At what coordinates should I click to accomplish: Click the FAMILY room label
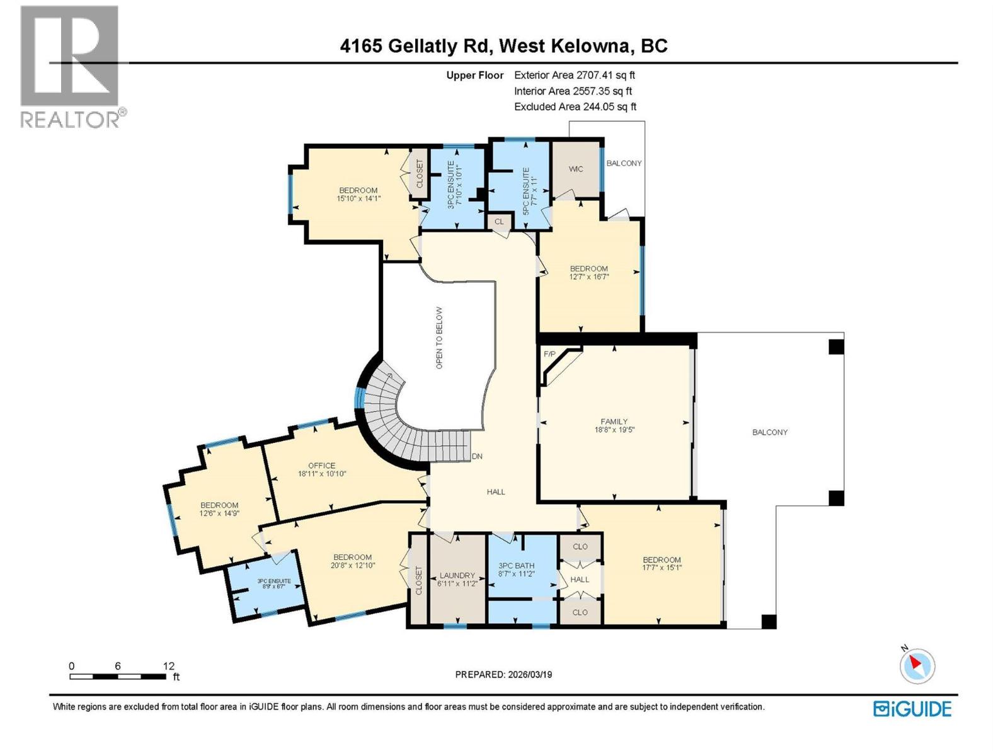pos(614,422)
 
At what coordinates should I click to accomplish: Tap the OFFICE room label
pos(321,466)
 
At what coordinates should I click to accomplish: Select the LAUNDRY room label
pos(457,575)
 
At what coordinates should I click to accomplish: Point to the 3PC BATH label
pos(516,566)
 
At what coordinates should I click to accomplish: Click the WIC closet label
pos(576,169)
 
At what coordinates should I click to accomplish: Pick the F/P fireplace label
pos(549,354)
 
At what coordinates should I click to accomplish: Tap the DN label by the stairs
pos(477,456)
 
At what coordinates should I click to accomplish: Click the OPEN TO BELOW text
pos(439,338)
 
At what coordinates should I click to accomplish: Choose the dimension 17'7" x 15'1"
pos(661,568)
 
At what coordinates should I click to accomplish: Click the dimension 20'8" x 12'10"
pos(352,565)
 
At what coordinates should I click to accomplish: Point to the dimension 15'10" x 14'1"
pos(358,198)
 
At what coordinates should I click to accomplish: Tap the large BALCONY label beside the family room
pos(769,432)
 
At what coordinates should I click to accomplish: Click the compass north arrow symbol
pos(917,665)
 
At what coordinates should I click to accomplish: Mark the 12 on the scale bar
pos(168,666)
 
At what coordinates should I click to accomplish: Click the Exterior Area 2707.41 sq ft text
pos(574,75)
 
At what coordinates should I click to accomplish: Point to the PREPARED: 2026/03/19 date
pos(503,674)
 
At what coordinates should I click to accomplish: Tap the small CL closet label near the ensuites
pos(499,222)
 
